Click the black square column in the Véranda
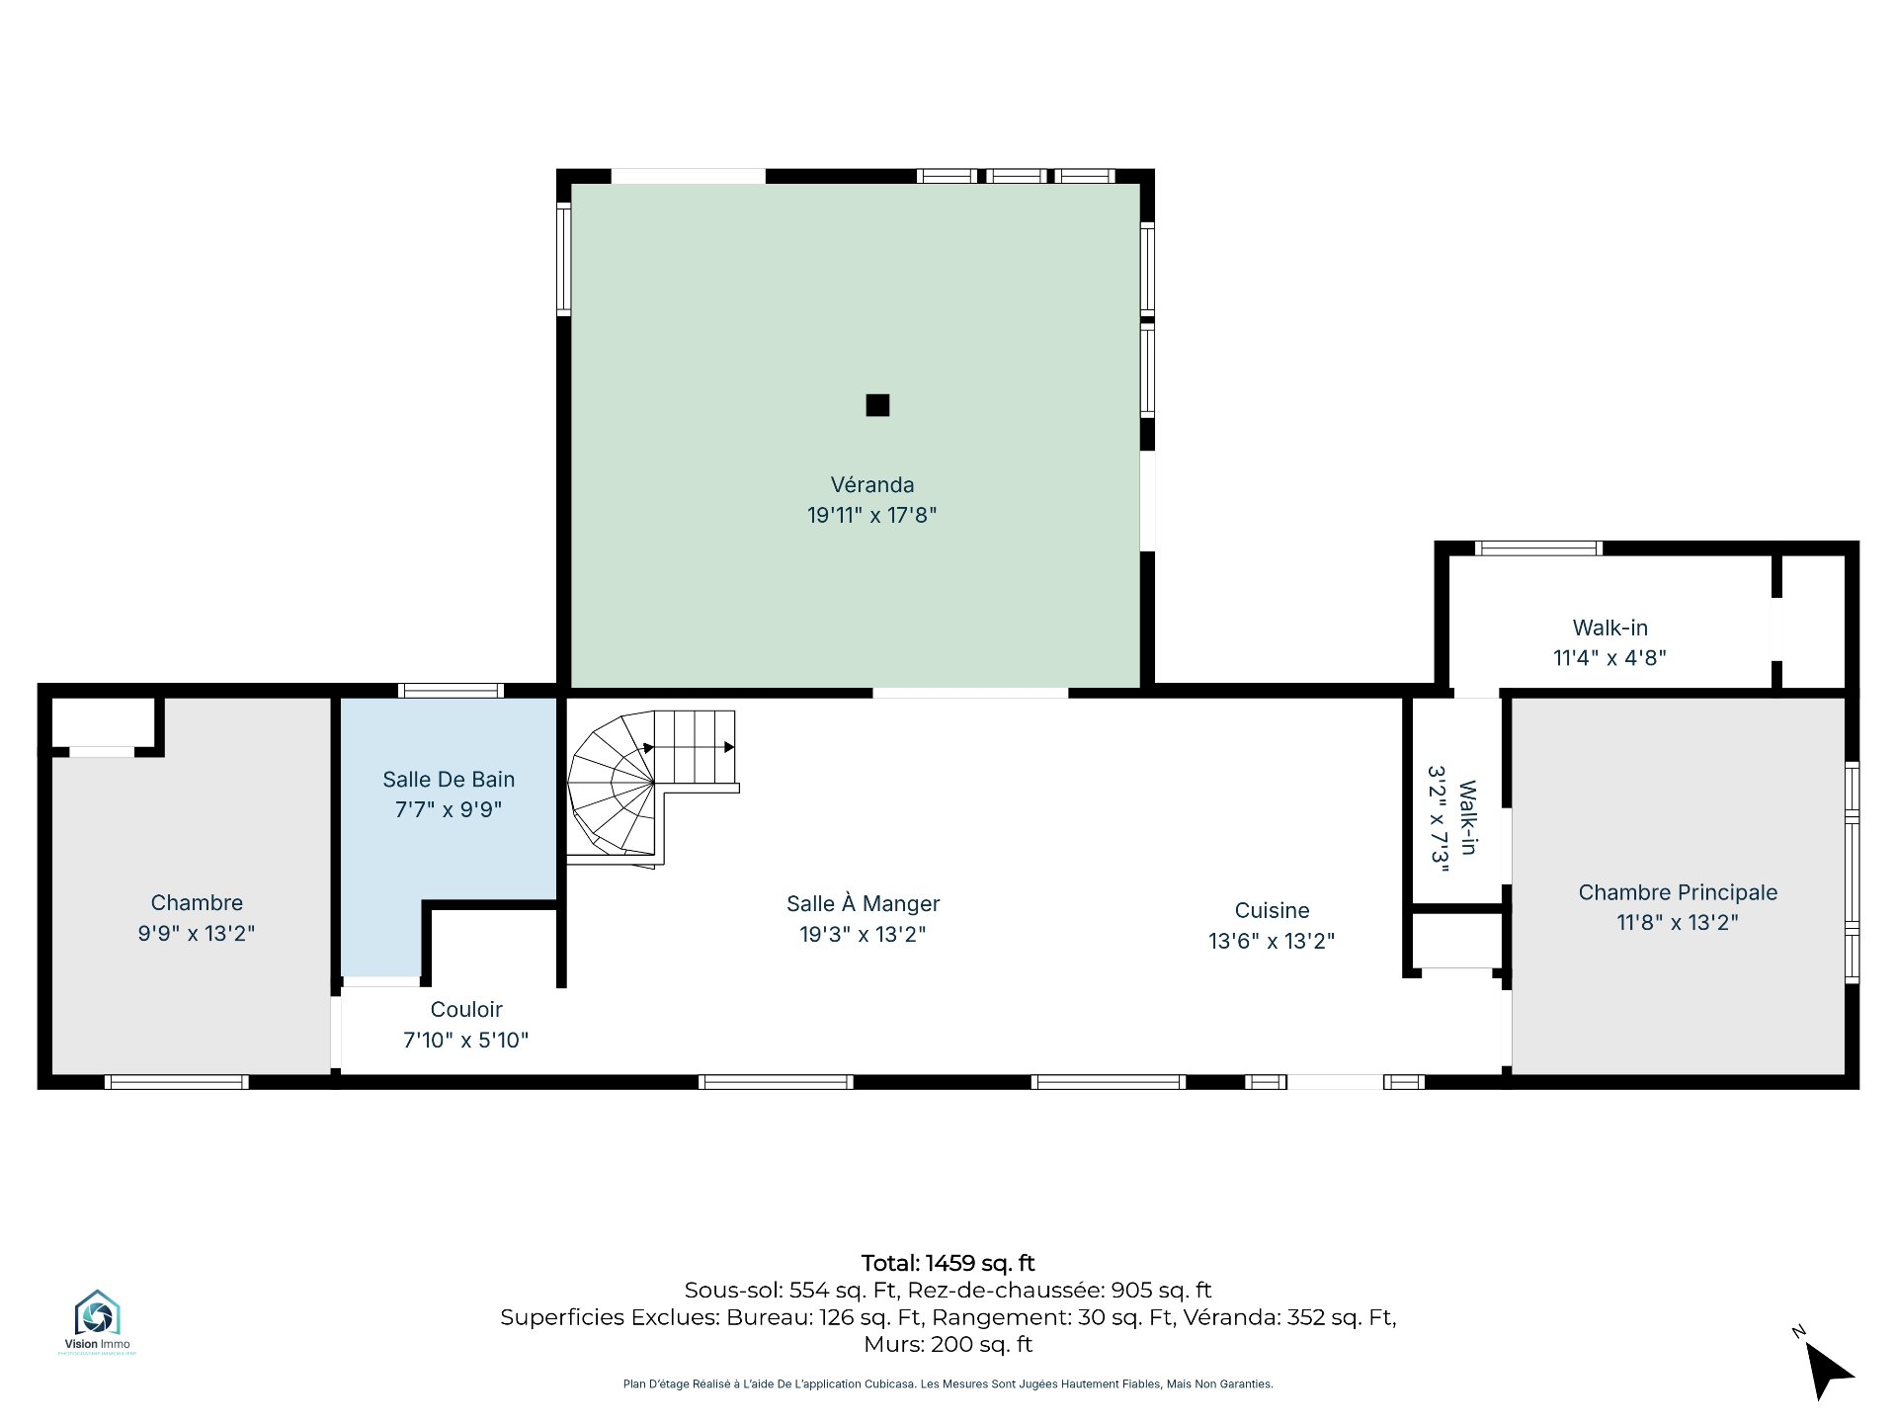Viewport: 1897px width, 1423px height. click(877, 405)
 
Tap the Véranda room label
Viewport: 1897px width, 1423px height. click(872, 485)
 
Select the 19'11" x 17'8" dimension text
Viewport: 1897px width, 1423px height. click(872, 515)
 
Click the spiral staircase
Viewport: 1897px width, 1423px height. click(653, 789)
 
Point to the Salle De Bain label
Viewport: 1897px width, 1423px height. click(449, 780)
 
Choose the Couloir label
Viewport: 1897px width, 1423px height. click(466, 1010)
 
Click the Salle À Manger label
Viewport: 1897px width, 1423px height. click(864, 903)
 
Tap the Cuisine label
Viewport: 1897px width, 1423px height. click(1273, 911)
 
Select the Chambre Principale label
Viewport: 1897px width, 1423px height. click(1678, 892)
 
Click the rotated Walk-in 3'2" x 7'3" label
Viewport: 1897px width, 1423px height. click(1453, 819)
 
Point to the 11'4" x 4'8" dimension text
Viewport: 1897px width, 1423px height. click(1610, 658)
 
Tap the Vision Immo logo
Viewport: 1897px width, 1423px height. click(97, 1321)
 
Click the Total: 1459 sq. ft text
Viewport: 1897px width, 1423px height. click(948, 1263)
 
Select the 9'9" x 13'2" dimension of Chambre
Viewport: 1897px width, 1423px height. click(197, 934)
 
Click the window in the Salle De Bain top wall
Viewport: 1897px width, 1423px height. click(451, 691)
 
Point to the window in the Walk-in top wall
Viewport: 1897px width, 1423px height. click(1538, 548)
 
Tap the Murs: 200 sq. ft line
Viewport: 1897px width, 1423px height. click(948, 1345)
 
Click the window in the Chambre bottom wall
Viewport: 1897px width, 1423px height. click(176, 1082)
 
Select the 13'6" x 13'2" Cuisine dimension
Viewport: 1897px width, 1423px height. click(1273, 941)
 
